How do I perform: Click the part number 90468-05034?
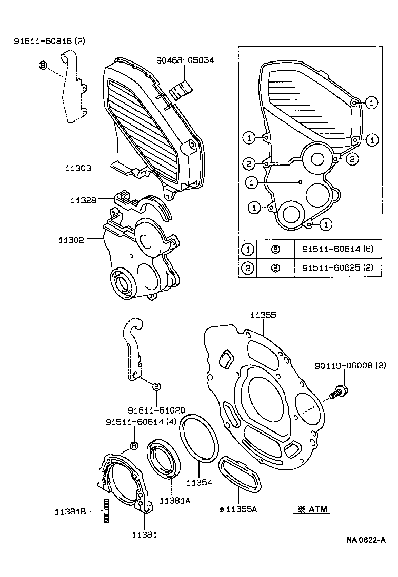[185, 60]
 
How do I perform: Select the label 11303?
[78, 168]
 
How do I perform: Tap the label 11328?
[84, 200]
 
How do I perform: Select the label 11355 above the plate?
[263, 315]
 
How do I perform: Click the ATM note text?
[312, 509]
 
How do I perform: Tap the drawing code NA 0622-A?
[366, 540]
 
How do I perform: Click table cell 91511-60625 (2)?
[337, 267]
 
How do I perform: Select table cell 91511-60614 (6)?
[337, 250]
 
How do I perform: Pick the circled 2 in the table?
[248, 267]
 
